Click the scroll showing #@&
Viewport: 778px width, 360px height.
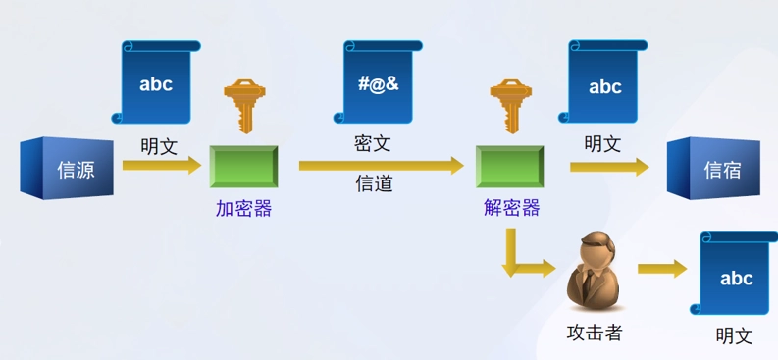coord(377,82)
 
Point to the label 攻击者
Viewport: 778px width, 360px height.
coord(595,333)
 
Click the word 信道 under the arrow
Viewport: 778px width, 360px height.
coord(374,182)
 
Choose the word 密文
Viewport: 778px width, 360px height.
coord(373,143)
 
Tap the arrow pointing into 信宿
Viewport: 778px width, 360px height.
coord(609,166)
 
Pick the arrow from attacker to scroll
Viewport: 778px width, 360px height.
coord(662,269)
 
